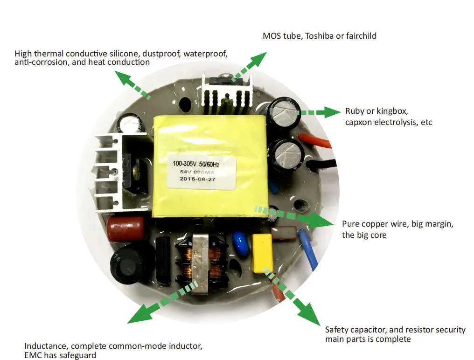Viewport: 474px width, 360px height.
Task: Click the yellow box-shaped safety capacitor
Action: click(263, 253)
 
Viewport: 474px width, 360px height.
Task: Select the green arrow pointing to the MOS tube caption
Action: click(249, 67)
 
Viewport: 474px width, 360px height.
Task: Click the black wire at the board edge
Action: click(321, 164)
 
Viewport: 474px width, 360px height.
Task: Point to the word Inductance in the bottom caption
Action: click(46, 346)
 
